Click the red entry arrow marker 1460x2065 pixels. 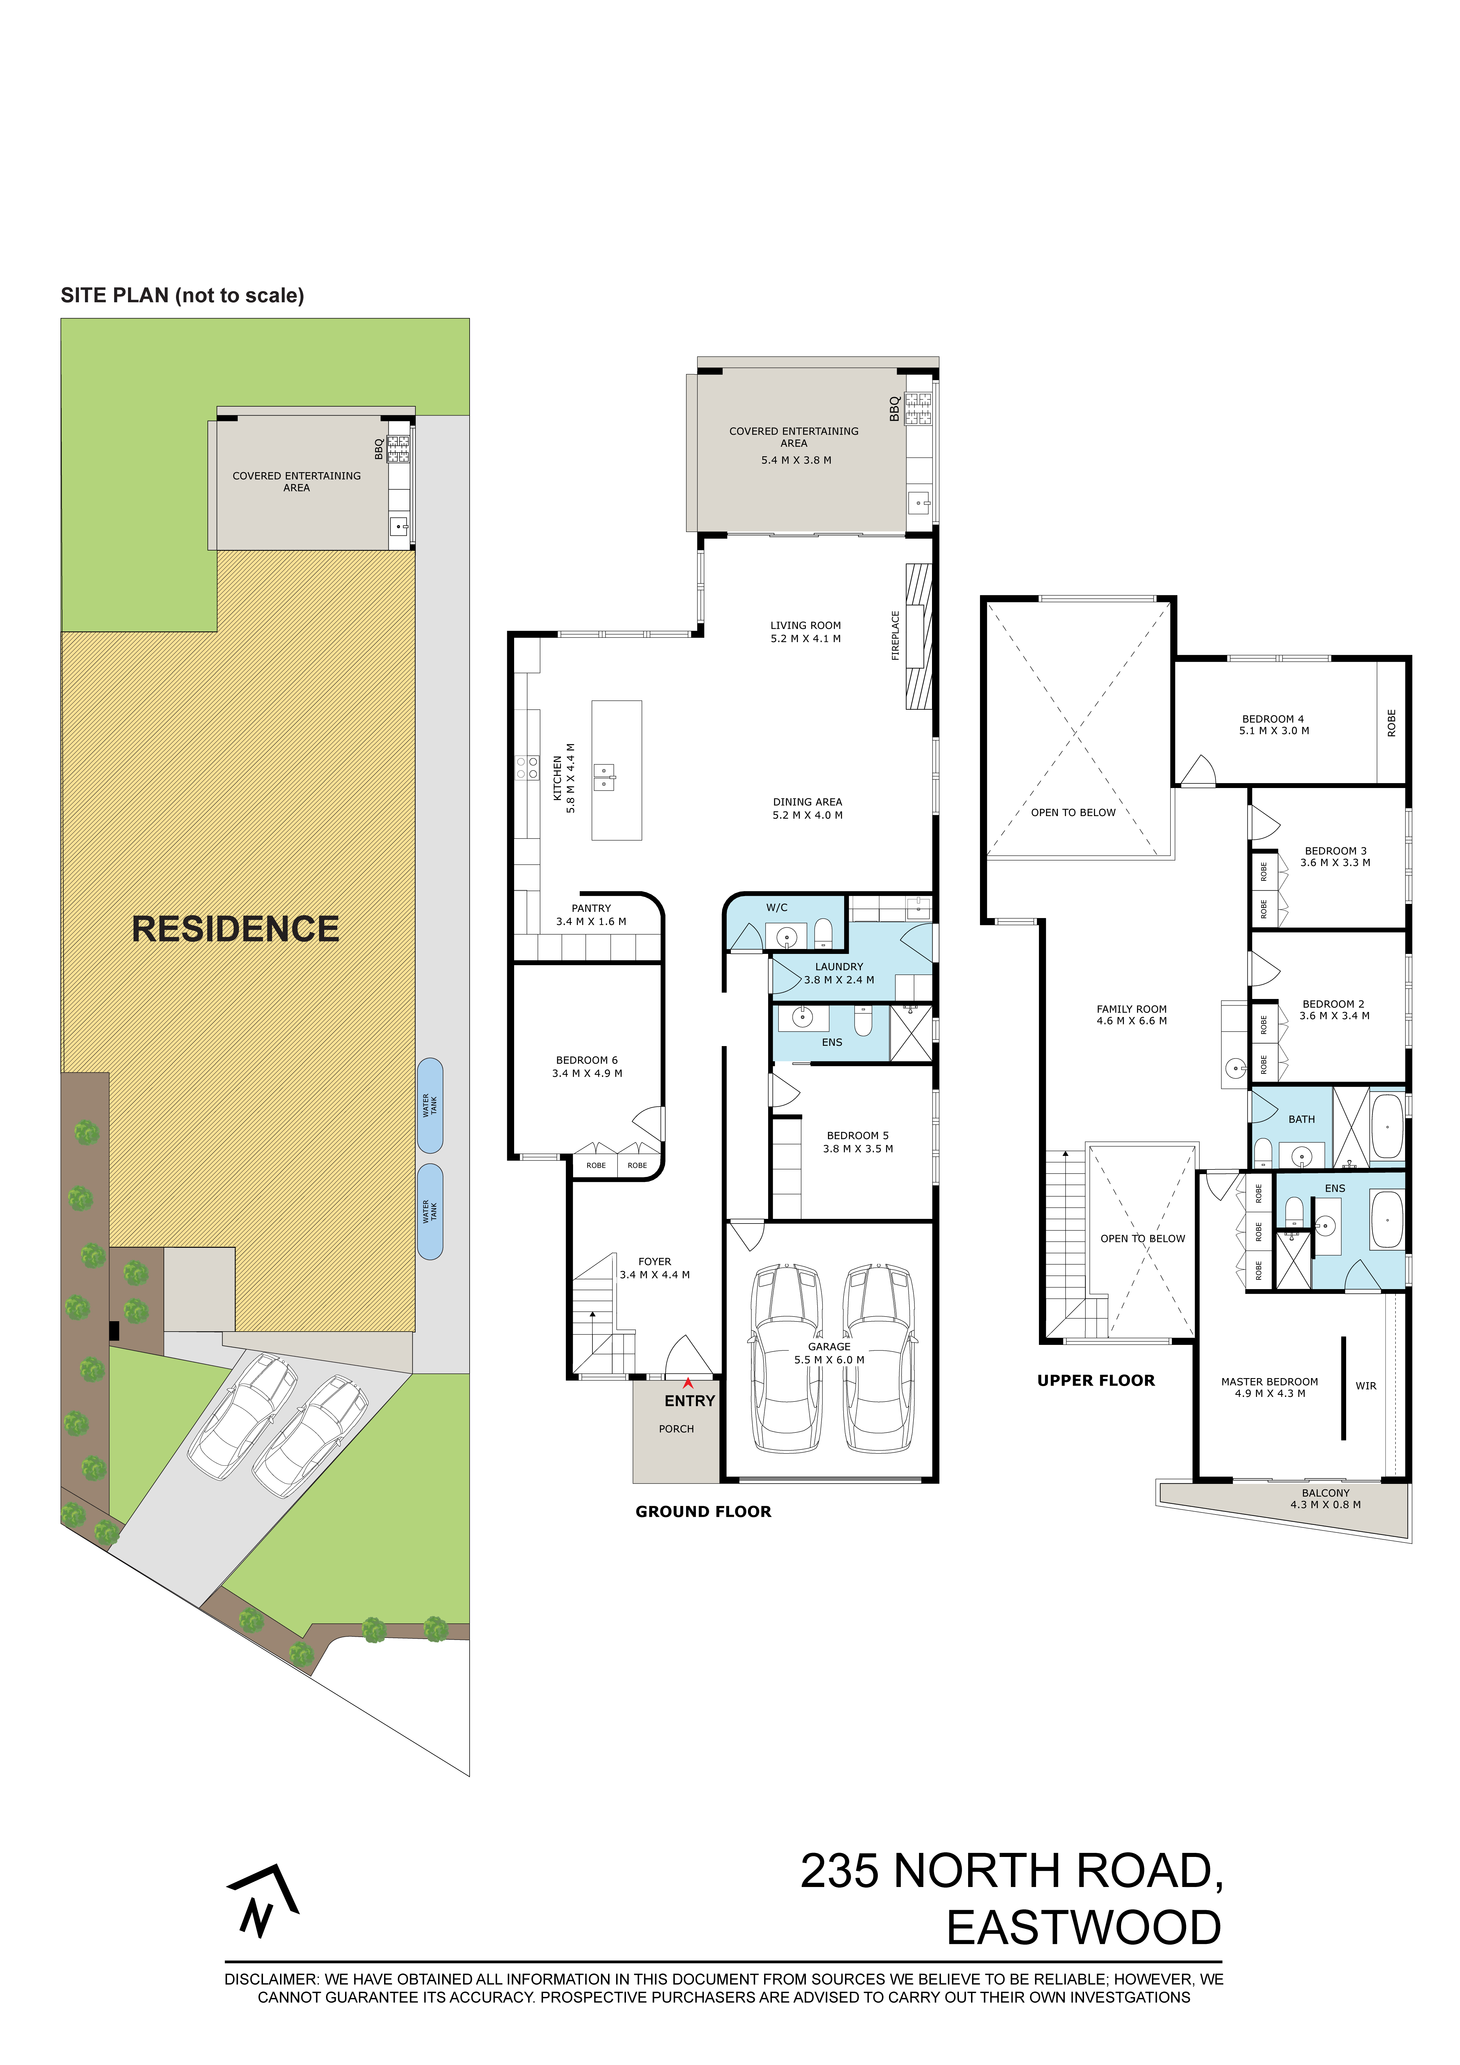(x=688, y=1382)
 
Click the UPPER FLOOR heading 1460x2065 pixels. (x=1096, y=1380)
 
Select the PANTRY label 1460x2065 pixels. (x=591, y=908)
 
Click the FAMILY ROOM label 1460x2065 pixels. (x=1132, y=1009)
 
